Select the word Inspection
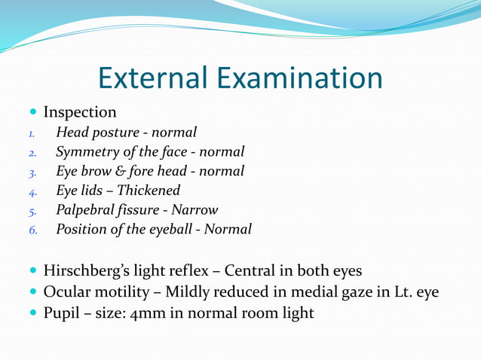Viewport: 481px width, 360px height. coord(80,113)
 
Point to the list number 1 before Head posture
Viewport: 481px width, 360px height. coord(32,134)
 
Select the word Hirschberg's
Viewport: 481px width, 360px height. coord(90,271)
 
